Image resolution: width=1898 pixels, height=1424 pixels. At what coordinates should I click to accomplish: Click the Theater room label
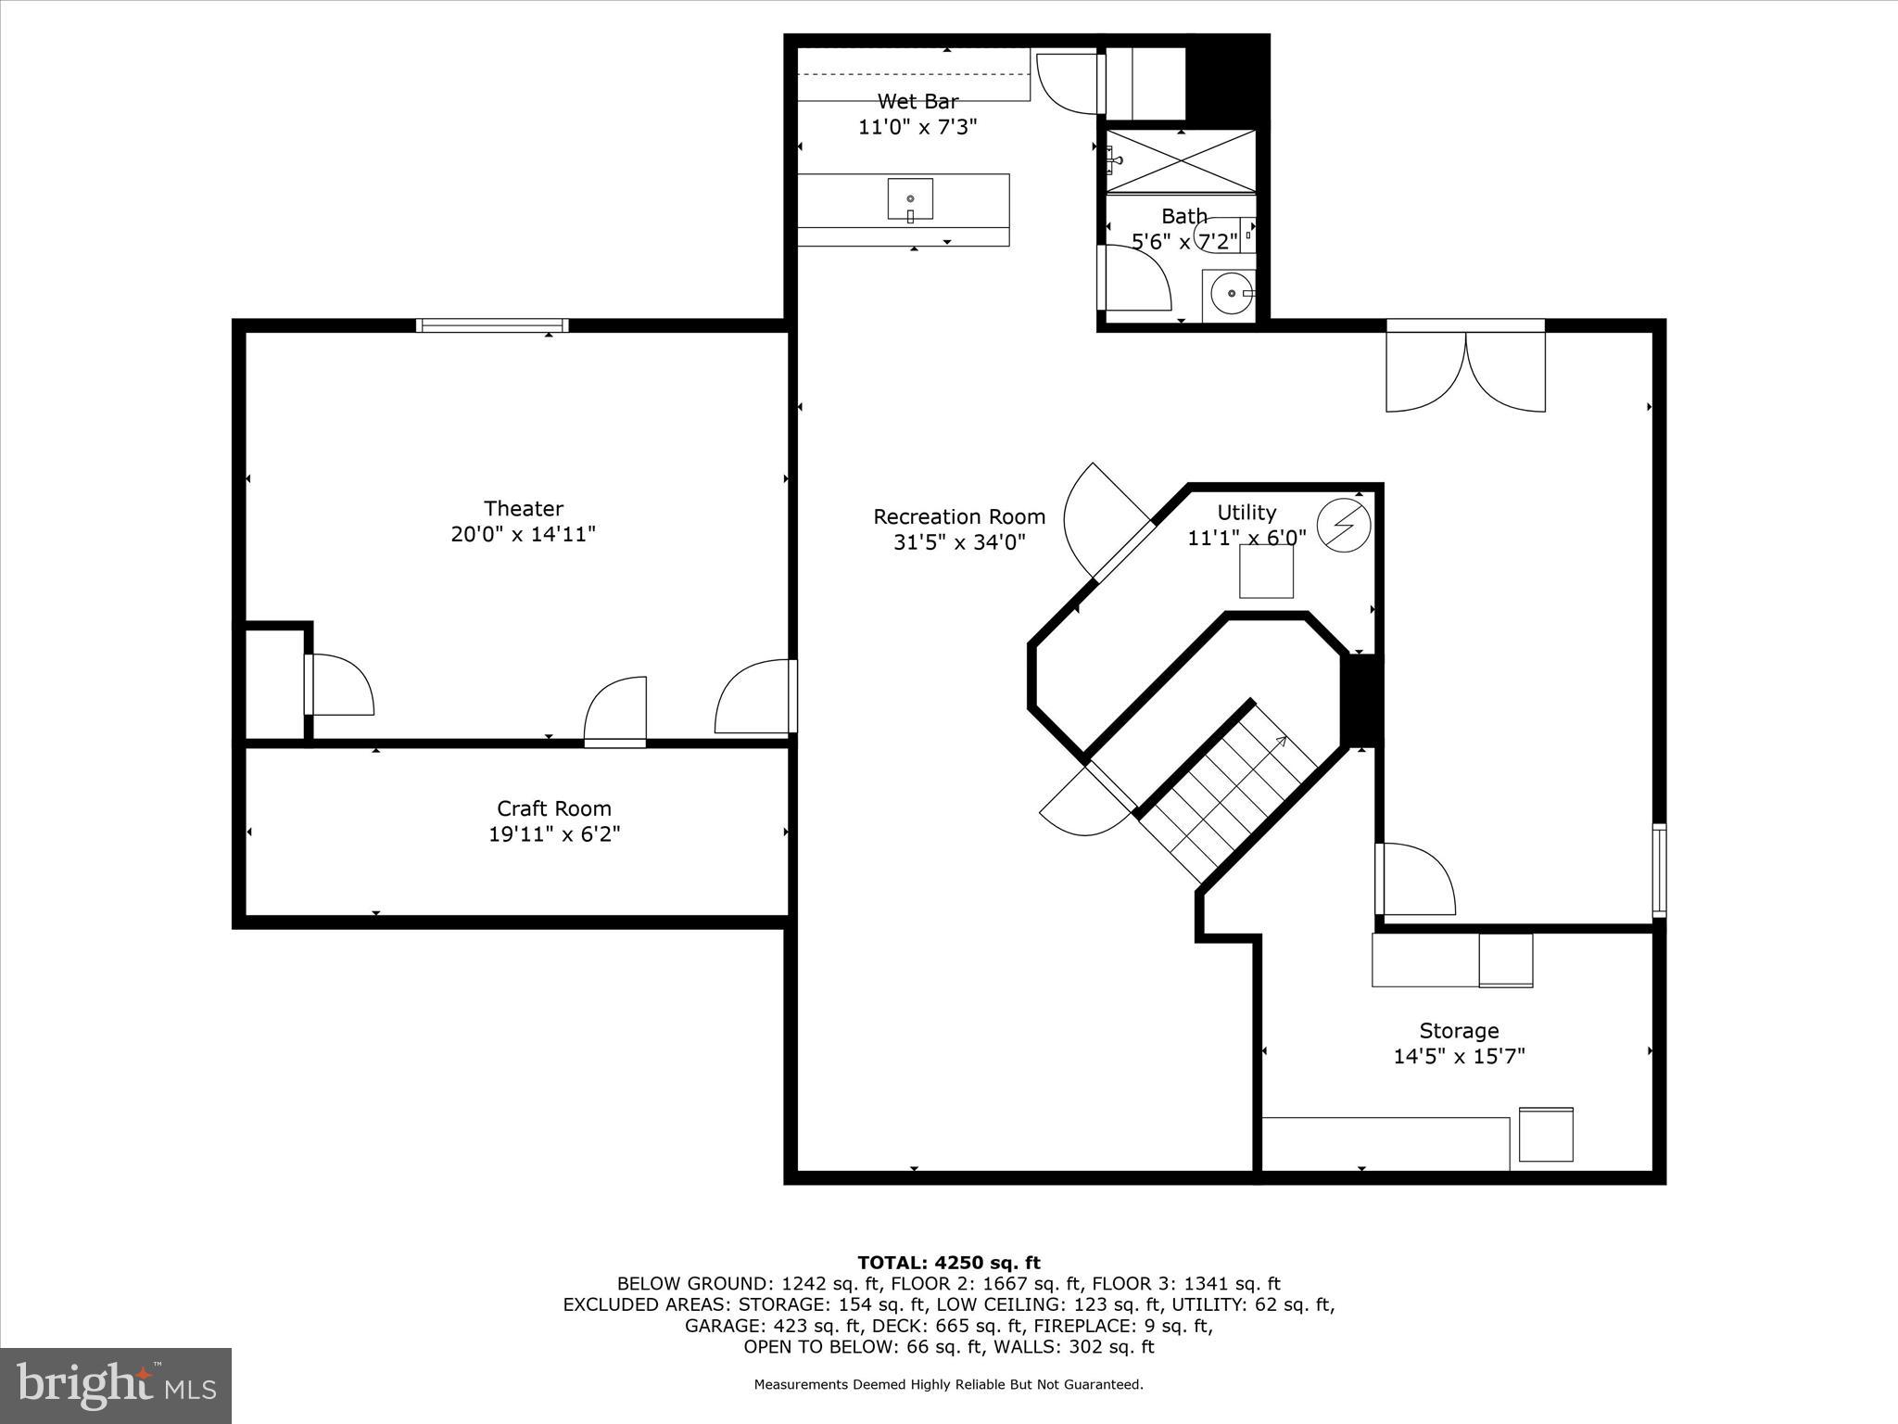[523, 508]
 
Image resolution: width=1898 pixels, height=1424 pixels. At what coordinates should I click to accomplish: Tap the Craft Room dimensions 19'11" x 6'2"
[554, 834]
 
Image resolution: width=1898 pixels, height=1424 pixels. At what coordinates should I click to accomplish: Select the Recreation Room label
[958, 516]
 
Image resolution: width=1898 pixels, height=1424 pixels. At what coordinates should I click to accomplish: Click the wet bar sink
[910, 199]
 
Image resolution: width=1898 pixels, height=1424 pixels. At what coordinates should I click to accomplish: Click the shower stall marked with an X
[1181, 161]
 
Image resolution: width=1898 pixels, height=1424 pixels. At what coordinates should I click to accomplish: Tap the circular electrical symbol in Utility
[1343, 526]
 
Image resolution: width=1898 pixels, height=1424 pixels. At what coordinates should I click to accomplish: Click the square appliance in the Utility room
[1266, 571]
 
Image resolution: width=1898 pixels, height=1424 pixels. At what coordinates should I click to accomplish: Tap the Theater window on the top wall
[491, 325]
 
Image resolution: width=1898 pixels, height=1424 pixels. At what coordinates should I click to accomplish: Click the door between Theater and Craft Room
[615, 712]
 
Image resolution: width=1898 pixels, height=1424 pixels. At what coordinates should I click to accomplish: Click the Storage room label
[1459, 1030]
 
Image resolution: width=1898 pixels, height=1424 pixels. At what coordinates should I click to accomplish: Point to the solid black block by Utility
[1361, 699]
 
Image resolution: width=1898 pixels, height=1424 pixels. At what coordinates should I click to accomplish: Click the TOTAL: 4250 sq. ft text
[948, 1262]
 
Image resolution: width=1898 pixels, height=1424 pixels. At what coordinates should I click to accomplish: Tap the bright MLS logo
[116, 1385]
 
